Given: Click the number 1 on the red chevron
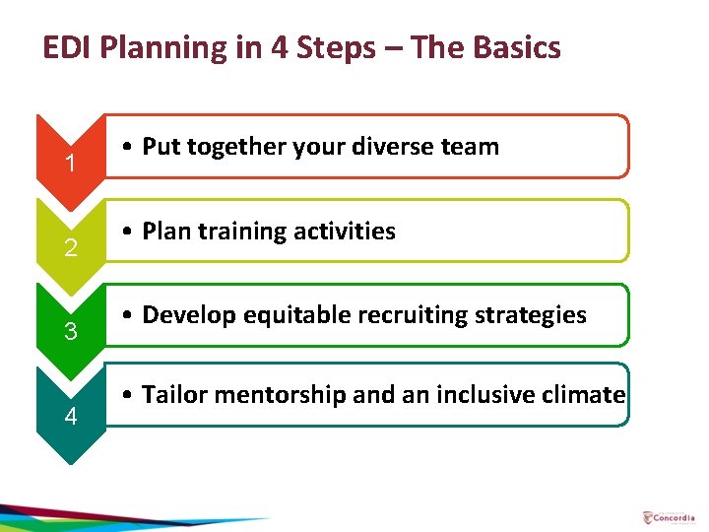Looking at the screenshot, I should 70,164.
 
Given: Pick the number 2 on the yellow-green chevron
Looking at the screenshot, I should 70,248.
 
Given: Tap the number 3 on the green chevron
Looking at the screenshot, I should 70,332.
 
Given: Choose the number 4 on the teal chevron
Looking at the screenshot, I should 70,417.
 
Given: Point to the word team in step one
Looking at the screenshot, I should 469,147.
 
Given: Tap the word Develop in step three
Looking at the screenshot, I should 185,315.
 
